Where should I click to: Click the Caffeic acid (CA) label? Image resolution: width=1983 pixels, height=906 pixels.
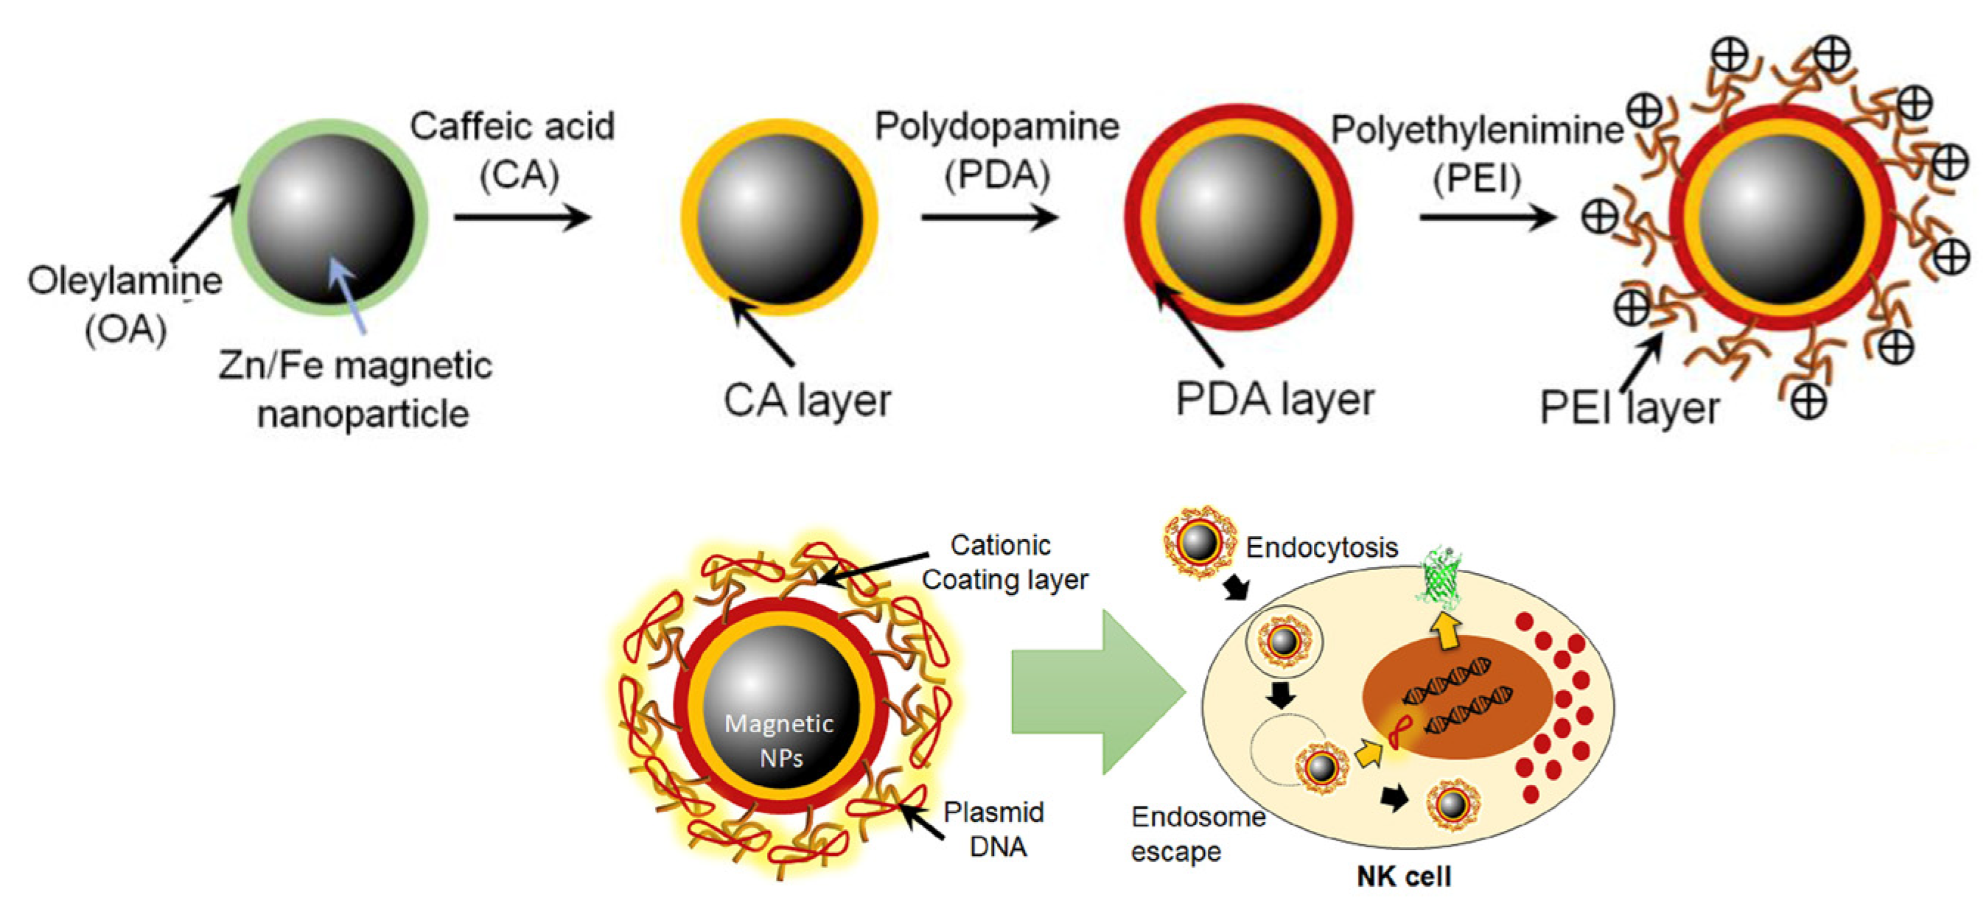pos(512,150)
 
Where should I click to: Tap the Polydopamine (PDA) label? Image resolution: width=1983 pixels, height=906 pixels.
pos(997,150)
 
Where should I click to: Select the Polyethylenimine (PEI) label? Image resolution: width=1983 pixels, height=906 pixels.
pos(1477,154)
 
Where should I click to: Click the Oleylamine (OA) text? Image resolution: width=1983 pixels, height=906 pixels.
pos(125,304)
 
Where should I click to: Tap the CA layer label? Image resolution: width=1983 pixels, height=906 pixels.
pos(807,400)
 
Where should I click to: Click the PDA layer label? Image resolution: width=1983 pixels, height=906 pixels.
pos(1275,398)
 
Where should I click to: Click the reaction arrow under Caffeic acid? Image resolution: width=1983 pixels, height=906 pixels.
pos(522,217)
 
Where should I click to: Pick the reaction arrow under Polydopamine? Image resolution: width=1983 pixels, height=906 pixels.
pos(989,217)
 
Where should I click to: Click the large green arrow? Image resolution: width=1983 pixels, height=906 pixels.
pos(1097,691)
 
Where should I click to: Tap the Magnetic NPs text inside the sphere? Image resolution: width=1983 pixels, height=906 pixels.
pos(779,740)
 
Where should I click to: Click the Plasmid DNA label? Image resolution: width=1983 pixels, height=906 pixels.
pos(994,829)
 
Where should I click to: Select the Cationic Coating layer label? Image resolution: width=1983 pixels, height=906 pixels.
pos(1004,562)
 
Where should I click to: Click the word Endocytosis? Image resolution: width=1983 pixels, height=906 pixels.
pos(1321,547)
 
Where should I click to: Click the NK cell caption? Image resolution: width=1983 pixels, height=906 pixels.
pos(1403,876)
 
